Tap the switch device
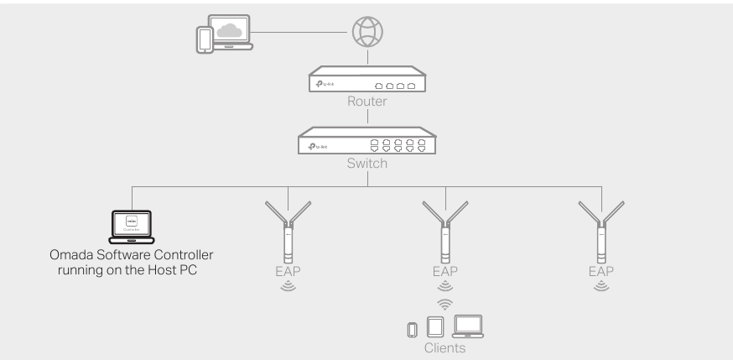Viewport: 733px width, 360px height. (x=366, y=143)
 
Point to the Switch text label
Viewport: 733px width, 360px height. (x=366, y=164)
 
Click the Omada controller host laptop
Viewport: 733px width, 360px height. (x=133, y=225)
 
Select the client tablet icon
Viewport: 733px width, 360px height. (x=434, y=326)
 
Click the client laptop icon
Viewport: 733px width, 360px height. (x=468, y=326)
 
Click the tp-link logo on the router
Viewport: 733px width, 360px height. (x=322, y=86)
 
